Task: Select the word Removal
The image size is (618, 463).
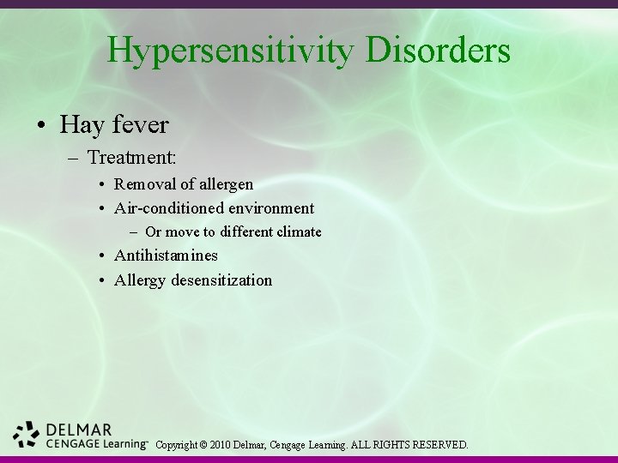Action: click(144, 183)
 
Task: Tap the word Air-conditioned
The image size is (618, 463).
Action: click(168, 207)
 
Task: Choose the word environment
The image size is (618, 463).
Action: click(270, 207)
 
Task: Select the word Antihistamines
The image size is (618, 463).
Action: click(167, 256)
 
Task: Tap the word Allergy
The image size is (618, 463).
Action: click(139, 280)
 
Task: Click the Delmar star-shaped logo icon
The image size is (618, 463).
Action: click(27, 435)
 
